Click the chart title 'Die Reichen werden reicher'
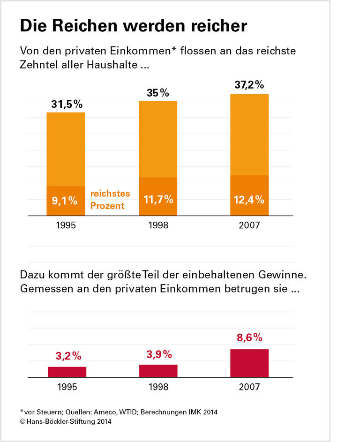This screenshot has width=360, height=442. coord(133,26)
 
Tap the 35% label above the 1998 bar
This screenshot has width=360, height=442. coord(157,93)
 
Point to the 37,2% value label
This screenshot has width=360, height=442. coord(248,85)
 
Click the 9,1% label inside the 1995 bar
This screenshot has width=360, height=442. coord(65,201)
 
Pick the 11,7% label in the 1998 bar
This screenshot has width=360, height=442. coord(157,199)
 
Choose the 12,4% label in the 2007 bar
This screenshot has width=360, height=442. coord(249,199)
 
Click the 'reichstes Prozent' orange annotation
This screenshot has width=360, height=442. coord(110,200)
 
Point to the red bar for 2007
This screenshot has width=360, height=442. coord(249,363)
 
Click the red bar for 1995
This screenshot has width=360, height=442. coord(67,372)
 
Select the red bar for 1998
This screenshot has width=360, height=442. coord(158,371)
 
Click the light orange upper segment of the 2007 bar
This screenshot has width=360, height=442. coord(249,134)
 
